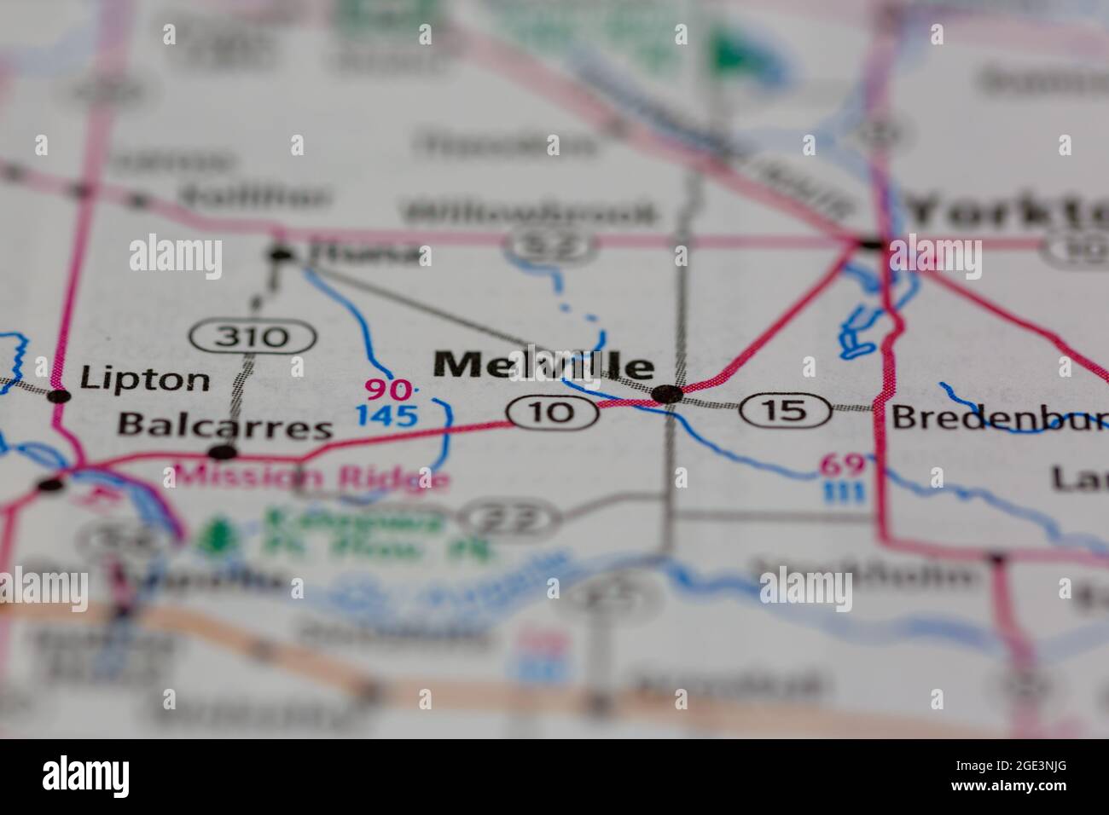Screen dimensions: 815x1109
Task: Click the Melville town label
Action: [544, 365]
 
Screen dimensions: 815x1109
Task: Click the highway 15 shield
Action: [786, 411]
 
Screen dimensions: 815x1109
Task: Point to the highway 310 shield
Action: [252, 337]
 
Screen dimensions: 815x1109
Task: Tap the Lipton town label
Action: [144, 380]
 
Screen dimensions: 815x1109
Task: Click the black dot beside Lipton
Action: [58, 396]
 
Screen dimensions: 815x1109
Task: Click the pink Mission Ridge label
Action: [311, 477]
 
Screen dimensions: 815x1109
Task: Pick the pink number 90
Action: [388, 390]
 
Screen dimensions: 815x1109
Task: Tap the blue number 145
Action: [387, 416]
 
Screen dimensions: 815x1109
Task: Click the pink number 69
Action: [843, 465]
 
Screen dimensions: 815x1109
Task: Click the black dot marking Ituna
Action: [279, 253]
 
